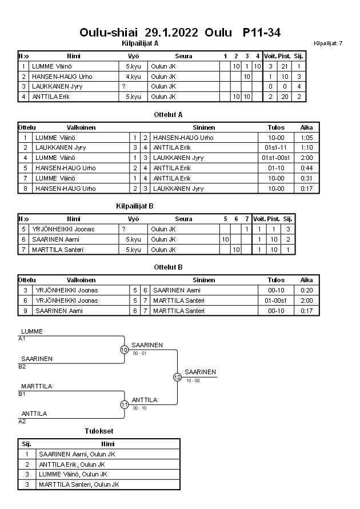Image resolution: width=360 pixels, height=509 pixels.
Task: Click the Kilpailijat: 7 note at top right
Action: click(x=328, y=43)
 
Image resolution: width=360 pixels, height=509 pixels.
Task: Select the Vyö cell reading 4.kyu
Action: click(x=133, y=77)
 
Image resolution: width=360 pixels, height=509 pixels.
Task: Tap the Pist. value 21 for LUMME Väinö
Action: click(x=284, y=66)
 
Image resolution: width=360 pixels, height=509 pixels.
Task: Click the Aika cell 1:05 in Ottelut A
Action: click(x=306, y=138)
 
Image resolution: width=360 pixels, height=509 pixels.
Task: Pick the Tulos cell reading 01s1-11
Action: click(x=276, y=148)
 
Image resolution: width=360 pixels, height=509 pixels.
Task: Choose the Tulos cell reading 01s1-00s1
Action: click(x=276, y=158)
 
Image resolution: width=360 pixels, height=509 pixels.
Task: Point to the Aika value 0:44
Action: click(x=306, y=169)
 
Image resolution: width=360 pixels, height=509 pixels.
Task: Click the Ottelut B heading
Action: click(x=168, y=267)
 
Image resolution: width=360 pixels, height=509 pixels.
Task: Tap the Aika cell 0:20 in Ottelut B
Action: click(x=306, y=290)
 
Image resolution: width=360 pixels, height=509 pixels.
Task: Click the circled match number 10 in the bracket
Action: click(x=124, y=350)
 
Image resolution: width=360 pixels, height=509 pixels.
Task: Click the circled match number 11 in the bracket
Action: click(x=124, y=404)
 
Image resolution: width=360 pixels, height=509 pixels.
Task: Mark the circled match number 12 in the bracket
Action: click(x=177, y=377)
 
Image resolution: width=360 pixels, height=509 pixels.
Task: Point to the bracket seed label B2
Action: click(x=22, y=366)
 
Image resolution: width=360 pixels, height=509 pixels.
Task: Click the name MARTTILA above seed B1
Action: click(x=37, y=386)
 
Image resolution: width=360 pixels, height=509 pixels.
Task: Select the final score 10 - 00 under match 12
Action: click(x=193, y=380)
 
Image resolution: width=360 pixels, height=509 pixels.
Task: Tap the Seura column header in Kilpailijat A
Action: click(x=183, y=56)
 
